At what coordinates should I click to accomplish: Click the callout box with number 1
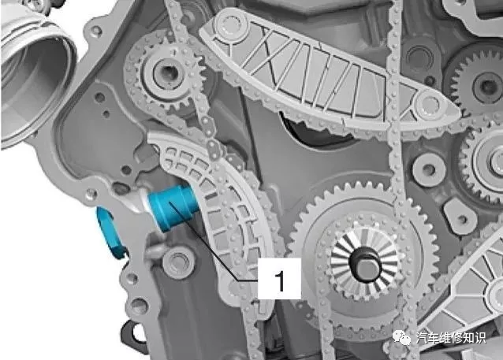coord(279,279)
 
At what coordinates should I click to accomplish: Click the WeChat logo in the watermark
coord(401,338)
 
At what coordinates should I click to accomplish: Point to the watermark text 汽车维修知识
coord(450,338)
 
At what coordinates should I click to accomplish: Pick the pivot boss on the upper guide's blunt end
coord(229,25)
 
